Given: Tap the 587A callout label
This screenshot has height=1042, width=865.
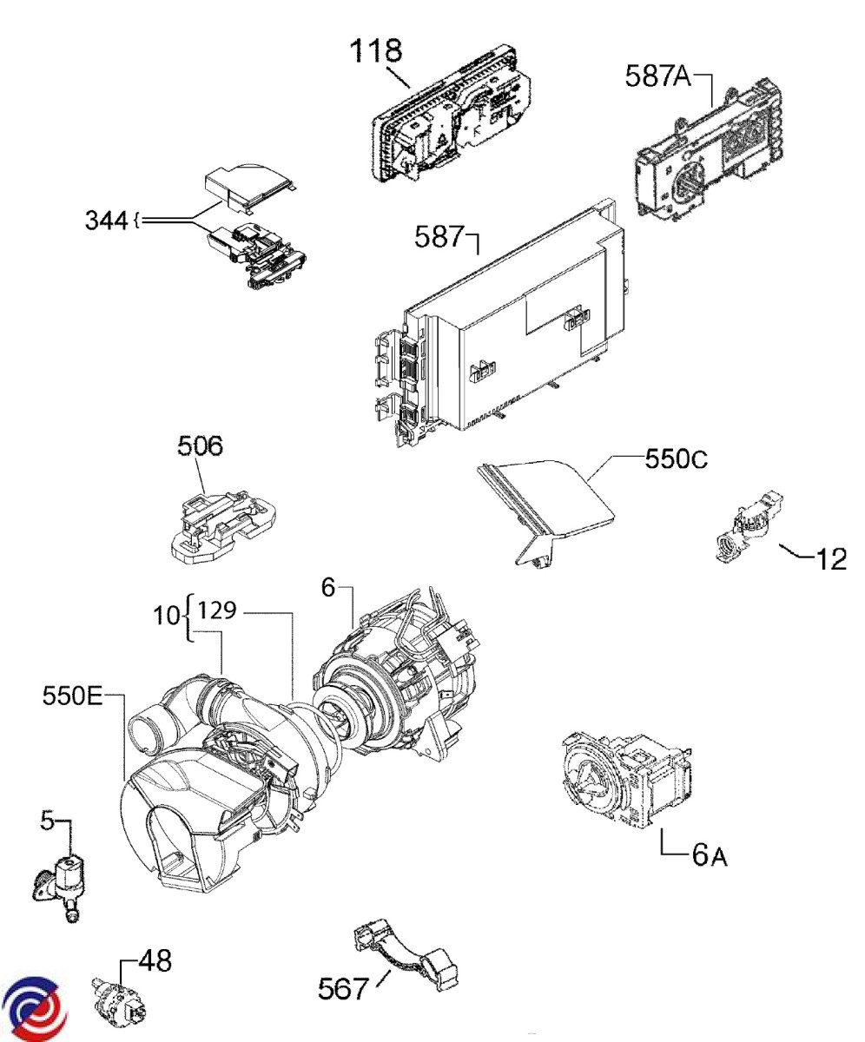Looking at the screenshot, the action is tap(657, 76).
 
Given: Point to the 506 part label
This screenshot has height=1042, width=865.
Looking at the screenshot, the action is tap(200, 445).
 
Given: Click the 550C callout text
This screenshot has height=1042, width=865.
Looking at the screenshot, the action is tap(676, 458).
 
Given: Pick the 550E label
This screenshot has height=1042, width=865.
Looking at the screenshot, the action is tap(72, 696).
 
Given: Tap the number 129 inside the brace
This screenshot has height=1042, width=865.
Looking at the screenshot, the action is tap(217, 610).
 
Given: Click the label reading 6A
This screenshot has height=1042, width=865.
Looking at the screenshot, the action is tap(710, 855).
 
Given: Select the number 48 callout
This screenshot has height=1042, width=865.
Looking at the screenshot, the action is tap(155, 960).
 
